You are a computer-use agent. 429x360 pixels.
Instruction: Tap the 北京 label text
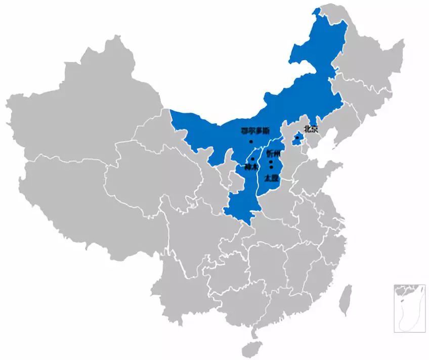tap(311, 129)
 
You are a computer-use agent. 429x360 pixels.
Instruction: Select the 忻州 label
tap(273, 153)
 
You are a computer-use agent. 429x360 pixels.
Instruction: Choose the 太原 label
tap(272, 177)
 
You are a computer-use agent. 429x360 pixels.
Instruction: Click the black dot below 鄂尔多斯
tap(251, 142)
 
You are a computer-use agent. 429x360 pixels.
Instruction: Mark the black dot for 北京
tap(297, 137)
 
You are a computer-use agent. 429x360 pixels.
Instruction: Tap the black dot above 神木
tap(252, 159)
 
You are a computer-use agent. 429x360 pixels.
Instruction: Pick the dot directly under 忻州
tap(271, 162)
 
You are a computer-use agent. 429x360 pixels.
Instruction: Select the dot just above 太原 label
tap(272, 167)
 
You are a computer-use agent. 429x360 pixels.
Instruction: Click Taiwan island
tap(346, 298)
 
